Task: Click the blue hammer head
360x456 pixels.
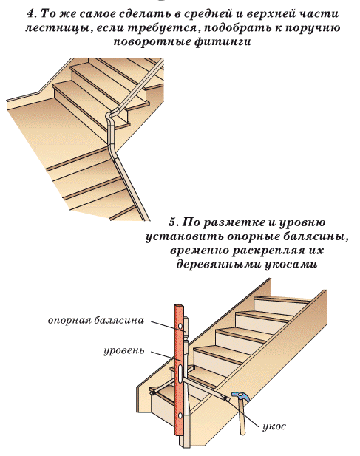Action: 240,395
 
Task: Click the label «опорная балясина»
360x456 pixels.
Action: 96,320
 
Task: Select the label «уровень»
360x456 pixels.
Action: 124,350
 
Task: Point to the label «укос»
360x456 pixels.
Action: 274,426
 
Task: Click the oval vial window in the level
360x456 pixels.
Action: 180,373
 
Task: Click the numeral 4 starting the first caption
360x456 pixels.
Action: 30,13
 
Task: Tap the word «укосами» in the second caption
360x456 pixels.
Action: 291,265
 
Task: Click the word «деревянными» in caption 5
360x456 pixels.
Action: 219,265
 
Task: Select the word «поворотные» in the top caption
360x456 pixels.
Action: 152,42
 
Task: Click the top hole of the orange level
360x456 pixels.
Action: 181,324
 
